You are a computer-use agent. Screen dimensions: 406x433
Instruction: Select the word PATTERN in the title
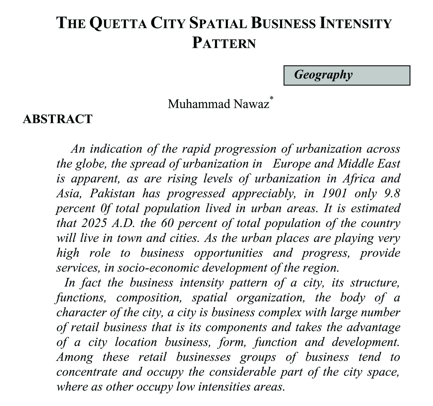coord(224,43)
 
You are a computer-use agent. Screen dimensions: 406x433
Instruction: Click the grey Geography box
coord(347,75)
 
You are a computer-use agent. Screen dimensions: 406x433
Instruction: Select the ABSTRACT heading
coord(58,119)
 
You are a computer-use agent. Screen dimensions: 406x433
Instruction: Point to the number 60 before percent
coord(167,223)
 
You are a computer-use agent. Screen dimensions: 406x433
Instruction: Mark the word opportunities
coord(228,253)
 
